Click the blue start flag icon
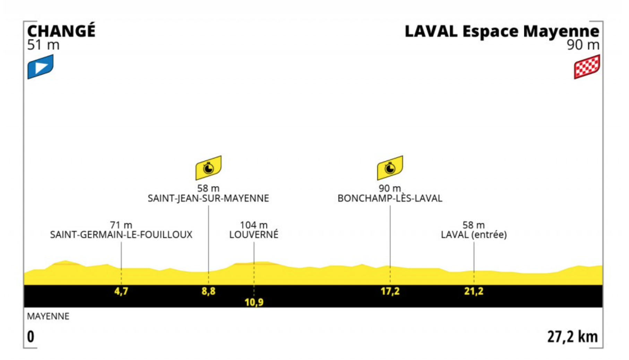click(x=41, y=67)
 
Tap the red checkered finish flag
click(x=587, y=67)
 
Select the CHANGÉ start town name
click(x=61, y=31)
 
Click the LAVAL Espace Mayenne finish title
click(x=502, y=31)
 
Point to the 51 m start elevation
click(x=43, y=45)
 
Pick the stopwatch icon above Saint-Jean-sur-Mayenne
click(x=208, y=168)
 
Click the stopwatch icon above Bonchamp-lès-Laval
click(x=390, y=168)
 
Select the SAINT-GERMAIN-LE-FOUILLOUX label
click(x=121, y=235)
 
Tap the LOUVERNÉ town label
click(x=254, y=234)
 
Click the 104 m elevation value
click(x=254, y=225)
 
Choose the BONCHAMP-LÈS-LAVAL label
click(x=390, y=198)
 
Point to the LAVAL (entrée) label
click(x=474, y=235)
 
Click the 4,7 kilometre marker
click(x=121, y=291)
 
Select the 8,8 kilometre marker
click(x=208, y=291)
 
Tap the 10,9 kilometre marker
click(x=254, y=302)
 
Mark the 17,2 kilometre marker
click(x=390, y=291)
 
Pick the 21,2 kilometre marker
click(x=474, y=291)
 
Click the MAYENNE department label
click(x=48, y=316)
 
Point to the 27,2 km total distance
click(x=572, y=337)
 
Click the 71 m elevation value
click(x=121, y=225)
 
